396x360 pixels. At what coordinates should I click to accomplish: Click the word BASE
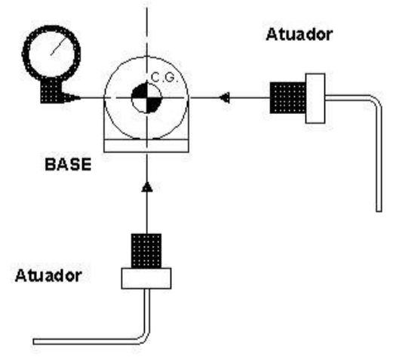(68, 165)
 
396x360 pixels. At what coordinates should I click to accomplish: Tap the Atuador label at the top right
(299, 35)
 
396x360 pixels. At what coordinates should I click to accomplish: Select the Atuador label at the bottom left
(48, 275)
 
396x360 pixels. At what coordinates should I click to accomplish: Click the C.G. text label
(164, 77)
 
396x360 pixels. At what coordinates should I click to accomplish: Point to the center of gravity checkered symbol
(146, 97)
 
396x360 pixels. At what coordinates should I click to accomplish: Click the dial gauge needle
(60, 46)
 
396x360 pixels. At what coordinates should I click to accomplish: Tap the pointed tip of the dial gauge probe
(80, 97)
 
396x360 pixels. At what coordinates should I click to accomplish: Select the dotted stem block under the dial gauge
(51, 91)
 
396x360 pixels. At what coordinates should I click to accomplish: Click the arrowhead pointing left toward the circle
(225, 97)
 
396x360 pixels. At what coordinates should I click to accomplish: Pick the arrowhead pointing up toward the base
(147, 186)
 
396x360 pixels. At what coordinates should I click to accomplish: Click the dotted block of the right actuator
(287, 97)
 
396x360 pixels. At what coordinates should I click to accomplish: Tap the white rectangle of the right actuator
(315, 98)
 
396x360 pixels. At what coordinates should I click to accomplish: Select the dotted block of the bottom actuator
(146, 251)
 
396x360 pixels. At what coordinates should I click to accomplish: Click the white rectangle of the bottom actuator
(146, 278)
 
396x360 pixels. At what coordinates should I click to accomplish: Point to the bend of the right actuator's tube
(376, 101)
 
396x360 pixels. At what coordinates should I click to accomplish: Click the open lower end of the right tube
(379, 211)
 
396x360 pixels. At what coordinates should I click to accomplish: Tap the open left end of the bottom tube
(35, 342)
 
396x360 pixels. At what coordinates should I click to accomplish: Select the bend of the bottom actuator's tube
(144, 339)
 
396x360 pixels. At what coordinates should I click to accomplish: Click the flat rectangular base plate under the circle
(146, 146)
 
